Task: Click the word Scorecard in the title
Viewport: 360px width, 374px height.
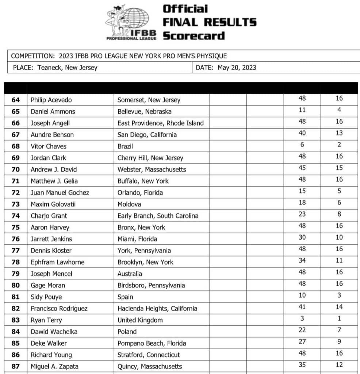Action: (194, 36)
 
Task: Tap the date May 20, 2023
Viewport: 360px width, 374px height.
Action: (237, 67)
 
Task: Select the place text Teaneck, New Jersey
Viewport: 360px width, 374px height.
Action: (67, 67)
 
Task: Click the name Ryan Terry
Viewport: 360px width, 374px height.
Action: (46, 320)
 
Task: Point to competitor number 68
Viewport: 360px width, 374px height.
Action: (16, 146)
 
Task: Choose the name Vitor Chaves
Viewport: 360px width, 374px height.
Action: (48, 146)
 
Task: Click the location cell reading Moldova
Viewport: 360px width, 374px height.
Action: (129, 204)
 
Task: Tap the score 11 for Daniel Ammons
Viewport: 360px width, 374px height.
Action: (302, 110)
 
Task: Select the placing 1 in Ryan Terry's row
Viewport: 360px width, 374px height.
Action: (339, 318)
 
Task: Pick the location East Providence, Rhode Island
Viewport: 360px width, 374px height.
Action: (161, 123)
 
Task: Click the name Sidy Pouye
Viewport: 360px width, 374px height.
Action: (46, 297)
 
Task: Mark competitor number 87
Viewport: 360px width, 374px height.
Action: (16, 366)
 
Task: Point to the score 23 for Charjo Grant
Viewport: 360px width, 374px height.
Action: (302, 214)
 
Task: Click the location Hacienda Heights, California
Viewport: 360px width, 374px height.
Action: (157, 309)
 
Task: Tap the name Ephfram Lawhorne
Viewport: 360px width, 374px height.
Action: (57, 262)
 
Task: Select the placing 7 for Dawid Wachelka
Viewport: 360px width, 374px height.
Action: (339, 330)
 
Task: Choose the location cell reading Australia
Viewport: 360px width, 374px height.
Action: (130, 274)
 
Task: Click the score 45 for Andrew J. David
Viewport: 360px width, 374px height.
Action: (302, 168)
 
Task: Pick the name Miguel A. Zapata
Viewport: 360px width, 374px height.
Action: (54, 366)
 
